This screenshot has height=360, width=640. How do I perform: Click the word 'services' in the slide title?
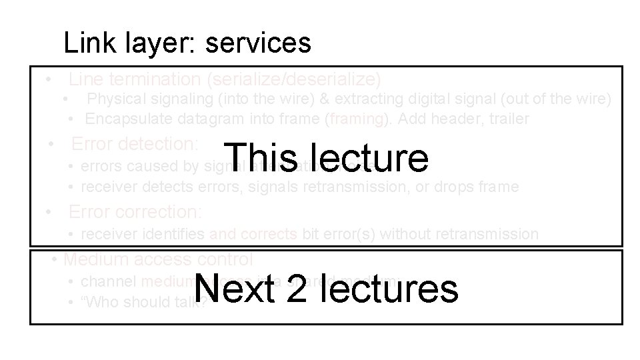(258, 43)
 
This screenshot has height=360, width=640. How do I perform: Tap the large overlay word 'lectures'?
(388, 289)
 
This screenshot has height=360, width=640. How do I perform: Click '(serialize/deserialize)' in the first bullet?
(294, 79)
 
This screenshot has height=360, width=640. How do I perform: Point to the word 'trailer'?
(505, 119)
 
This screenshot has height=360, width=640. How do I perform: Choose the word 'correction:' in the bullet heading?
(161, 211)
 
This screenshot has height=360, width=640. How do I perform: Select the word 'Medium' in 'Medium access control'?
(96, 259)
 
